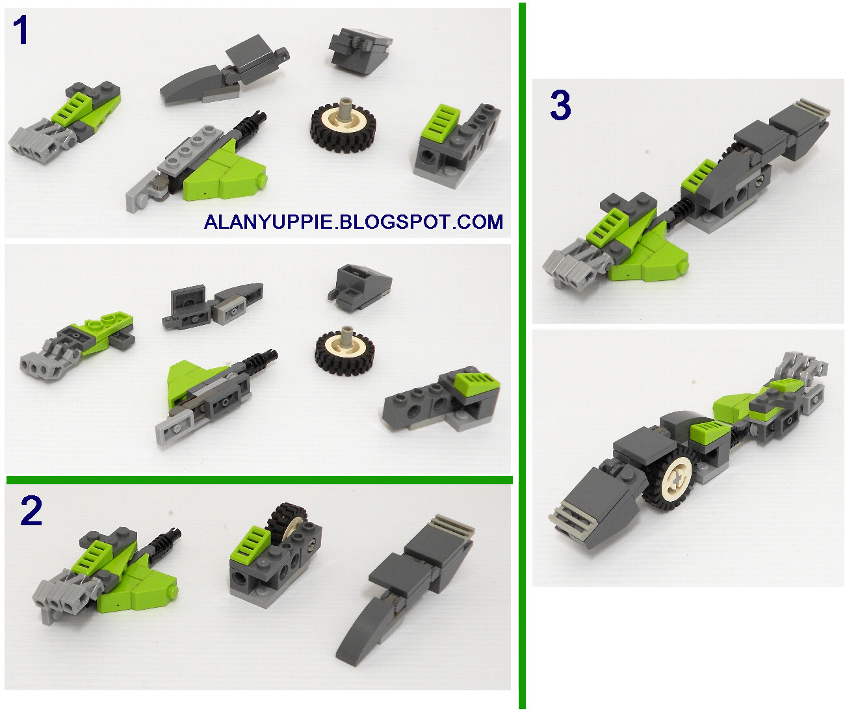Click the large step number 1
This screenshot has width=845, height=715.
tap(21, 31)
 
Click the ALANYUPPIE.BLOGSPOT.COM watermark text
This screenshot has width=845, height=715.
tap(354, 222)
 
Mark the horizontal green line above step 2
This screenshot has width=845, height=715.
tap(260, 480)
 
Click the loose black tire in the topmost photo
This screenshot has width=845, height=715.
tap(341, 123)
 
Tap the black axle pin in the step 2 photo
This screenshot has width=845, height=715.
tap(167, 537)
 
